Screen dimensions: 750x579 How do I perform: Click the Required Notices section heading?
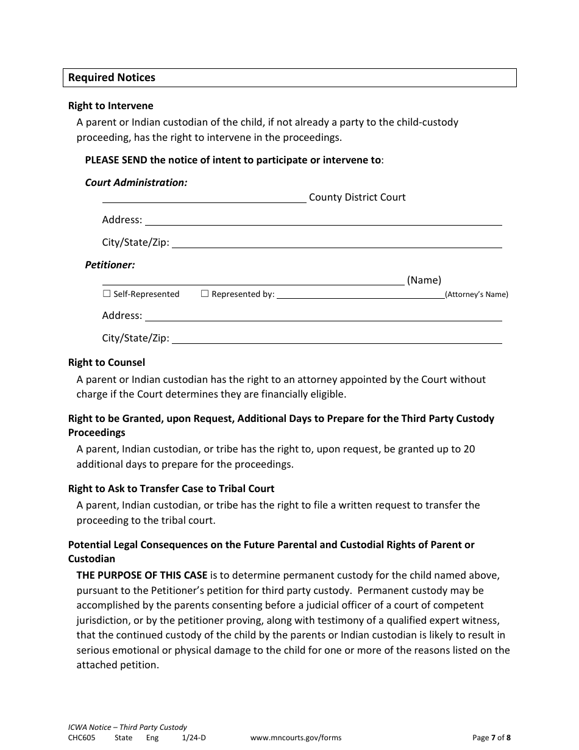(x=112, y=77)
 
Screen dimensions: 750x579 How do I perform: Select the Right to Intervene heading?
(x=110, y=106)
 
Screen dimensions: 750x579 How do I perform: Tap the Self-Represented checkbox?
(x=107, y=294)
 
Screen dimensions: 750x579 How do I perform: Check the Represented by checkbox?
(x=205, y=294)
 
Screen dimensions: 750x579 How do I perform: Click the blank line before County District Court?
(x=204, y=198)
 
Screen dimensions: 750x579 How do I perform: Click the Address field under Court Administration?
(x=322, y=220)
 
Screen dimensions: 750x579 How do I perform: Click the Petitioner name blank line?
(x=253, y=280)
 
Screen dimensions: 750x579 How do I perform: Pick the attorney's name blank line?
(x=360, y=295)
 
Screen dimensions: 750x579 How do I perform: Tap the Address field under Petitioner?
(x=322, y=316)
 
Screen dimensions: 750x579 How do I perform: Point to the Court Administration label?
(x=136, y=182)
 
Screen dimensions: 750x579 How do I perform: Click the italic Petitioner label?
(x=110, y=265)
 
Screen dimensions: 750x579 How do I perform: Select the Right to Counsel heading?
(x=107, y=363)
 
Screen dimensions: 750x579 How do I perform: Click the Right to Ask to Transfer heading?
(x=171, y=488)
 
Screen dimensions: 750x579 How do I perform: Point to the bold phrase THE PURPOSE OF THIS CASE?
(x=142, y=575)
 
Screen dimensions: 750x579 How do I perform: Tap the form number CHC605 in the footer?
(x=82, y=738)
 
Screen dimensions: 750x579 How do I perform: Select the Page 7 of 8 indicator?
(x=491, y=738)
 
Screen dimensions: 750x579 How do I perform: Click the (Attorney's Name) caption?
(x=476, y=295)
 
